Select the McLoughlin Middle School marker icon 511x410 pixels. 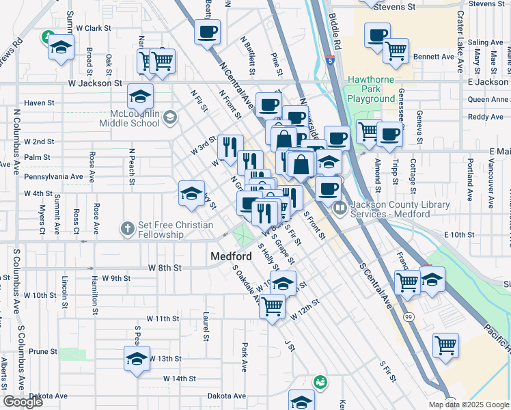(x=169, y=118)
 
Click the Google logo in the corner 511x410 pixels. (x=23, y=402)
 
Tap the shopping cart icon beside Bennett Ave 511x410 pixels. (x=396, y=49)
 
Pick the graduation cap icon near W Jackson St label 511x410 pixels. (x=140, y=96)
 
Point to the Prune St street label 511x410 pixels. (x=42, y=351)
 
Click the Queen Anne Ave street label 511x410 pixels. (x=488, y=99)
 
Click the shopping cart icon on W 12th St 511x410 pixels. (x=272, y=306)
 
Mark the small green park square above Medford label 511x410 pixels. (x=242, y=236)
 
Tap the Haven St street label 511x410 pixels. (x=39, y=103)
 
